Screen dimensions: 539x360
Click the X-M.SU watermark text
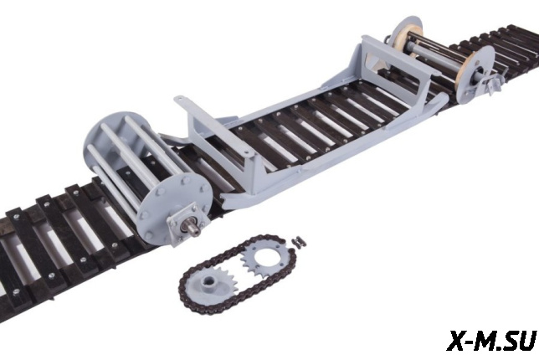(492, 340)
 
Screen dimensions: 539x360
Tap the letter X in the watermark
(457, 340)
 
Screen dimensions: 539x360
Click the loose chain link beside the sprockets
(298, 242)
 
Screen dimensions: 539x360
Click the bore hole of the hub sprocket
(208, 281)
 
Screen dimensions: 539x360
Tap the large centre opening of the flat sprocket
(266, 255)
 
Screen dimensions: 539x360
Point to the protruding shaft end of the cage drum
(194, 230)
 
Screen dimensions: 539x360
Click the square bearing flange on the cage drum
(184, 223)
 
